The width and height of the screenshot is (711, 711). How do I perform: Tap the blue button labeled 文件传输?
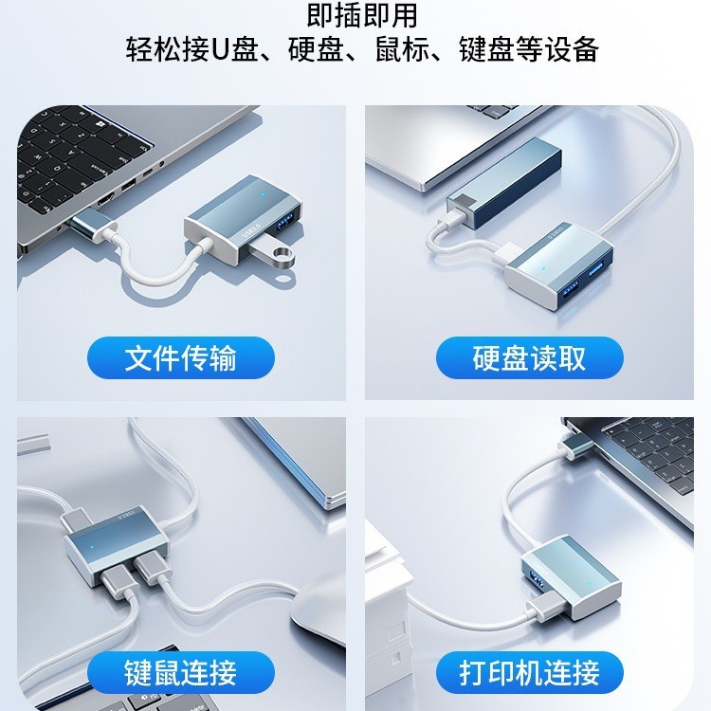pyautogui.click(x=181, y=357)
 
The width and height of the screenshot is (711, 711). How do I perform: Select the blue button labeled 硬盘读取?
pyautogui.click(x=530, y=357)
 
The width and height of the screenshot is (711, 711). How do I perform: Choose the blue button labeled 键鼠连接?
pyautogui.click(x=181, y=672)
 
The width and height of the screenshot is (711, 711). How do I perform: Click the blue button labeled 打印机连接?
pyautogui.click(x=530, y=672)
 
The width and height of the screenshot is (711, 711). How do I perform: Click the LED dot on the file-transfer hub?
pyautogui.click(x=263, y=194)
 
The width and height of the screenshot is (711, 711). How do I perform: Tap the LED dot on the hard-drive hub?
pyautogui.click(x=543, y=268)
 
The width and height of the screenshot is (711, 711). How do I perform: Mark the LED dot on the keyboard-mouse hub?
pyautogui.click(x=93, y=547)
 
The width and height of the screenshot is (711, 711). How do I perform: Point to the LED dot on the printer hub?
pyautogui.click(x=589, y=584)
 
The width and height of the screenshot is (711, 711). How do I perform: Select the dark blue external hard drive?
pyautogui.click(x=503, y=181)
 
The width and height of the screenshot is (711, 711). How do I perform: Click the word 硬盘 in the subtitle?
pyautogui.click(x=315, y=49)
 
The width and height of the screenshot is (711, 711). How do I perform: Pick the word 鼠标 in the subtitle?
pyautogui.click(x=402, y=49)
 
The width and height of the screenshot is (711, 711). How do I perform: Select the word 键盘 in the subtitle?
pyautogui.click(x=487, y=49)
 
